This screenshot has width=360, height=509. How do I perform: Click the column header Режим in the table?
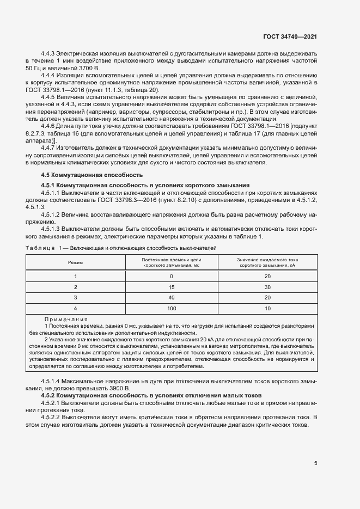tap(76, 262)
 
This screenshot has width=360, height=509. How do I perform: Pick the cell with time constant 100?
tap(172, 309)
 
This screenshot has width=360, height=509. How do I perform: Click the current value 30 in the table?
tap(267, 287)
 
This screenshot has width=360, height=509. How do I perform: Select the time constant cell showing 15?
tap(172, 287)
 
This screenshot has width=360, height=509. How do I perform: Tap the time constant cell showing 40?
tap(172, 298)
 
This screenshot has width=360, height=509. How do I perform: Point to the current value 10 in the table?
tap(267, 309)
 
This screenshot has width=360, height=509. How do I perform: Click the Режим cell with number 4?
tap(76, 309)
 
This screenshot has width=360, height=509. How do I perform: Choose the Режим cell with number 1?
tap(76, 276)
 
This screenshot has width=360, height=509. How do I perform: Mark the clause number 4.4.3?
tap(49, 54)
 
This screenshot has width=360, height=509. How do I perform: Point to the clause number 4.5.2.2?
tap(51, 418)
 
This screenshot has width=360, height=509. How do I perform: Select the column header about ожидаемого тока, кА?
tap(267, 262)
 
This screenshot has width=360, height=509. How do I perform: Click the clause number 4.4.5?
tap(49, 97)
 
